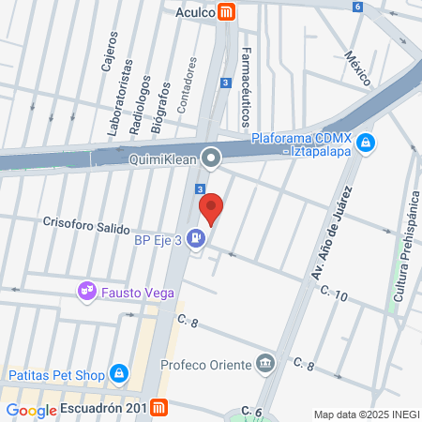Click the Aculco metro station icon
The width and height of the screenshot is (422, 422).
pos(226,12)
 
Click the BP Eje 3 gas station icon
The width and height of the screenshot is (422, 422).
pos(194,239)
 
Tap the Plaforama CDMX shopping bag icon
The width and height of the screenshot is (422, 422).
pos(366,143)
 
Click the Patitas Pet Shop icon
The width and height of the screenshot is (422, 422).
pos(118,374)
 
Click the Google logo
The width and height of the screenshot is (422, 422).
pos(32,410)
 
